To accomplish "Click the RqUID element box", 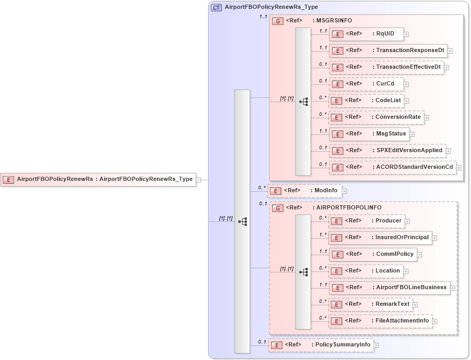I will (366, 34).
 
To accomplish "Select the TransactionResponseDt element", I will (388, 51).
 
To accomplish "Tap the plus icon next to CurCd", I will (406, 84).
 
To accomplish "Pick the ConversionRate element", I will (376, 117).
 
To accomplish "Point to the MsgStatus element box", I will (369, 134).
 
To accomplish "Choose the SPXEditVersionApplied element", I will (387, 151).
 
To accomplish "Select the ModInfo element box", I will (305, 191).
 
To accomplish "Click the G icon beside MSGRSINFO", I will (279, 21).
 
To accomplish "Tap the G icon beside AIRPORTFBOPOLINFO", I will (279, 208).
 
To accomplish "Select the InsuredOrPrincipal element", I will (380, 238).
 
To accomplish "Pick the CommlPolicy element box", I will (373, 254).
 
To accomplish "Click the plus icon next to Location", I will (406, 271).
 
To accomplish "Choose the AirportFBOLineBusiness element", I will (389, 288).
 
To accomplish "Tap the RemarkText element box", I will (370, 304).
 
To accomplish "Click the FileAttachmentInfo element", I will (380, 321).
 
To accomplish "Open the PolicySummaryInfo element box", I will (321, 345).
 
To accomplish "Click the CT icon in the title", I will (216, 7).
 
